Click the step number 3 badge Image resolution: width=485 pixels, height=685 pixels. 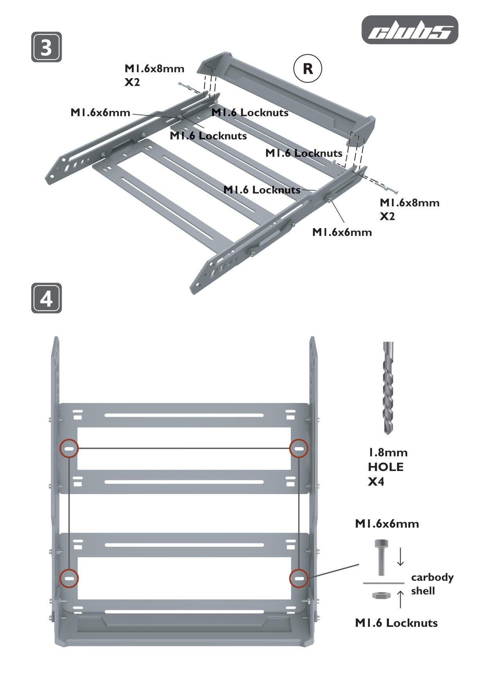click(x=47, y=47)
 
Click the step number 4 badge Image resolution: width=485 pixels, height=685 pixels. click(x=47, y=298)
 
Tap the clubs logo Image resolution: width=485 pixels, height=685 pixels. click(x=410, y=30)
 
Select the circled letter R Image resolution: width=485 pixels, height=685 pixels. click(x=308, y=69)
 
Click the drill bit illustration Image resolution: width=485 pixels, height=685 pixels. click(x=388, y=388)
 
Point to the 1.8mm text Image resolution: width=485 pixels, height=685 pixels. click(x=388, y=452)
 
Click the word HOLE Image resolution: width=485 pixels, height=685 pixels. click(x=386, y=467)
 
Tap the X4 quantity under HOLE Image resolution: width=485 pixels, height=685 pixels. click(x=376, y=482)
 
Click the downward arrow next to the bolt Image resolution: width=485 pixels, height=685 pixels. click(x=400, y=557)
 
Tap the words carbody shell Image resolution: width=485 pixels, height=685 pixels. click(x=432, y=584)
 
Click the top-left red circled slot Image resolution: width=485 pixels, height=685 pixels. click(x=69, y=449)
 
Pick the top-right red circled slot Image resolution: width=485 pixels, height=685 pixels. click(x=299, y=449)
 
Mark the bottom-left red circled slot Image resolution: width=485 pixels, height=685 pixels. click(x=69, y=578)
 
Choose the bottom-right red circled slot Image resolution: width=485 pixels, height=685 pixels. click(x=299, y=578)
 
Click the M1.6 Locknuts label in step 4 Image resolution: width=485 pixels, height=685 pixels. click(x=396, y=623)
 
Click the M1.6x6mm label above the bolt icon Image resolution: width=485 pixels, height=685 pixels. click(x=387, y=524)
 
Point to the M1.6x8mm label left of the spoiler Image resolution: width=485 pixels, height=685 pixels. click(x=154, y=69)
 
